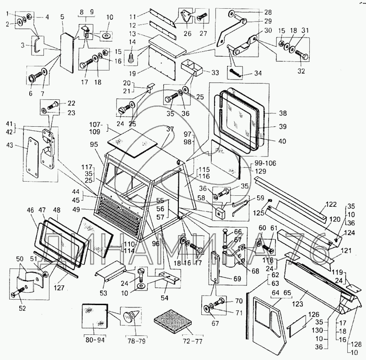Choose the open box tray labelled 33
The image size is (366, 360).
coord(192,67)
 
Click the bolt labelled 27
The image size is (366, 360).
coord(201,18)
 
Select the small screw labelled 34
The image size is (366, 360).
coord(236,72)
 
